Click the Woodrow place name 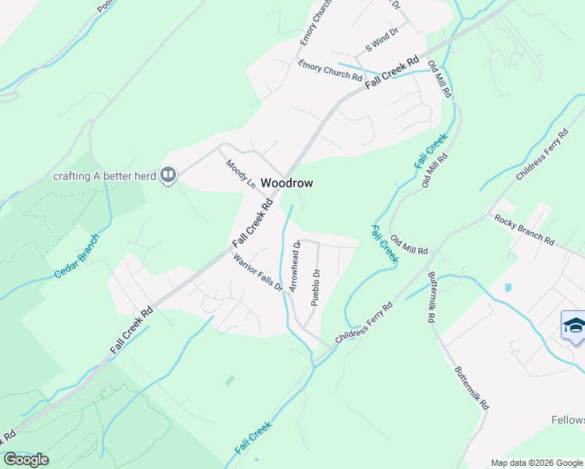[286, 183]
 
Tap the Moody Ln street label [241, 174]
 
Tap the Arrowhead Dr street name [295, 267]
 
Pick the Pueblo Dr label [316, 287]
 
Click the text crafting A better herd [104, 175]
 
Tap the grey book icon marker [167, 175]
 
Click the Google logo [26, 460]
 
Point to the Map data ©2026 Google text [536, 463]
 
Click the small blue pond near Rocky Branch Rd [509, 288]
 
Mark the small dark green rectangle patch [229, 381]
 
